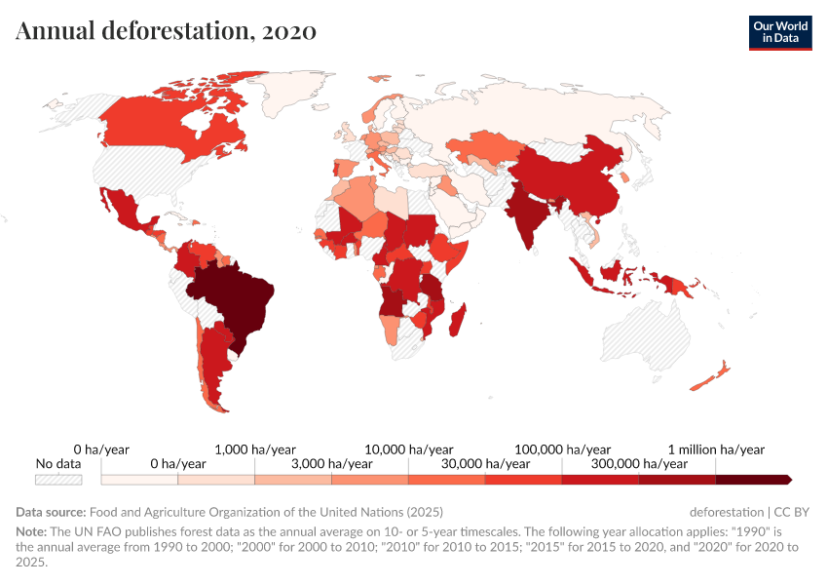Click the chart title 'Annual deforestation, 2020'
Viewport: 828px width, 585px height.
(166, 30)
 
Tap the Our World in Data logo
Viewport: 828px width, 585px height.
(779, 32)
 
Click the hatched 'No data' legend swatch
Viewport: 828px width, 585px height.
(58, 480)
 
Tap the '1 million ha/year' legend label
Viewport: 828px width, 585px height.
(716, 449)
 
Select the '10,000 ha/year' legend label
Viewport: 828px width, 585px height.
(409, 449)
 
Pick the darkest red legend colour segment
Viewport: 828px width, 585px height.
(752, 480)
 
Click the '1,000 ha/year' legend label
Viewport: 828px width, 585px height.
(255, 449)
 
